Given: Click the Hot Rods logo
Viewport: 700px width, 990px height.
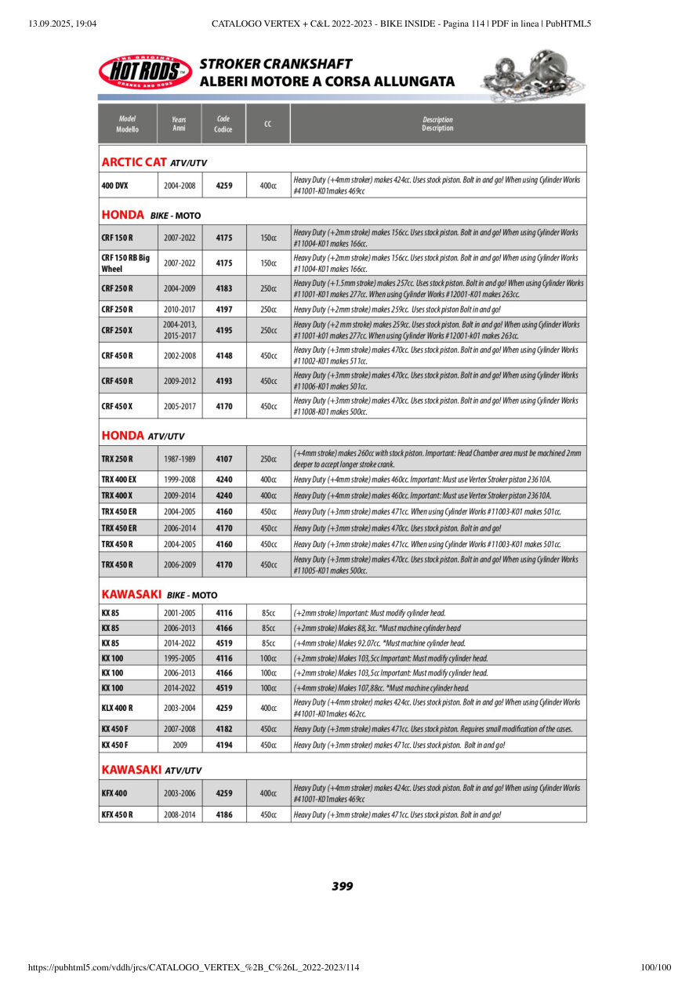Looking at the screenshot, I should [145, 71].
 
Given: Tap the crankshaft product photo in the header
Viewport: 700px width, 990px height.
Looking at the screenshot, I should [530, 75].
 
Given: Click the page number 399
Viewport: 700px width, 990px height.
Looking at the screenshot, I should [342, 887].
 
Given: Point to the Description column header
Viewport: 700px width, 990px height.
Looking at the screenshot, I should [437, 124].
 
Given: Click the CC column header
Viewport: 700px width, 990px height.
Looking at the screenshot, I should [268, 124].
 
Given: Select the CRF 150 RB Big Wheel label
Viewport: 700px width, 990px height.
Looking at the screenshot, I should [125, 263].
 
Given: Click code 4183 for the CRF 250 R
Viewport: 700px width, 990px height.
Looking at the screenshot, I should [224, 288].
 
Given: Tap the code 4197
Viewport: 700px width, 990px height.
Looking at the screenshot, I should [224, 310].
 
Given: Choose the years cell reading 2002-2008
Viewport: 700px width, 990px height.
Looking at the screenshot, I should [180, 356].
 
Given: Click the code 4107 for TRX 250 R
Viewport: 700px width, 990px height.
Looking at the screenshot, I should [224, 459].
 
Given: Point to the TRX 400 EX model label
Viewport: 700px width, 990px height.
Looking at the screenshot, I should [119, 479].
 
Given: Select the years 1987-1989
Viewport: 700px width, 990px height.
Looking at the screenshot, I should [180, 459].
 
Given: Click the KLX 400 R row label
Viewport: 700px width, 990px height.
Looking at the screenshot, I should [118, 708].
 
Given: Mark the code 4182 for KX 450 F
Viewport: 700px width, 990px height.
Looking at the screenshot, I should [224, 729].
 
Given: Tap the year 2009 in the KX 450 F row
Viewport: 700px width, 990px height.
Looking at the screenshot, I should [180, 745].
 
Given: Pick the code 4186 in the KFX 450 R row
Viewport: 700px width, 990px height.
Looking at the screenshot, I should [224, 815].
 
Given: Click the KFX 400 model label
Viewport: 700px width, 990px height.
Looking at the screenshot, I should [114, 793].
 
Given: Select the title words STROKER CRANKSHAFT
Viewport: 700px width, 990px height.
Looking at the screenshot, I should [276, 64].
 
